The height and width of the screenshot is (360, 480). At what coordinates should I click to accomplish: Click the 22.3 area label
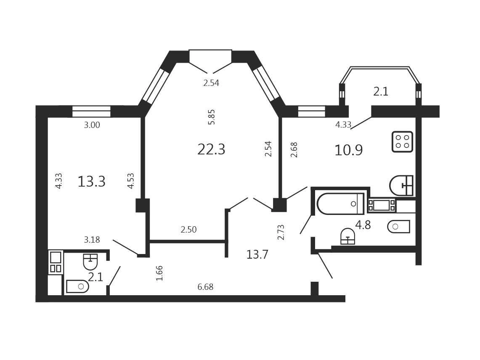(211, 150)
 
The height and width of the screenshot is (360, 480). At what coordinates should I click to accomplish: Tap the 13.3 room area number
(92, 182)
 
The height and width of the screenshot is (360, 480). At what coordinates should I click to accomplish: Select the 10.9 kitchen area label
(349, 150)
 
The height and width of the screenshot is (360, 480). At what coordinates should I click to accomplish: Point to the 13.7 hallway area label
(257, 254)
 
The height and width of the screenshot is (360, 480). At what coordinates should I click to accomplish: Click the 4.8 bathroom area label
(363, 225)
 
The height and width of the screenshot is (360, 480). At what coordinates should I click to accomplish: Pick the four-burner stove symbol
(403, 142)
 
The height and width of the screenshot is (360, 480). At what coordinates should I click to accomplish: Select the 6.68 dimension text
(205, 287)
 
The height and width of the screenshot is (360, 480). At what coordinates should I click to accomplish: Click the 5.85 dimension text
(211, 117)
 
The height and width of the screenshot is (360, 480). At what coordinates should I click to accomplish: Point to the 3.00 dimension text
(92, 125)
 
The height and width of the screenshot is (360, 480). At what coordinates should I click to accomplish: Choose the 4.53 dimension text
(131, 181)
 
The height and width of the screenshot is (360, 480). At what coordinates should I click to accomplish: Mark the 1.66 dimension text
(159, 273)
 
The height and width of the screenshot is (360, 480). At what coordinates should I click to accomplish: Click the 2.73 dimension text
(281, 232)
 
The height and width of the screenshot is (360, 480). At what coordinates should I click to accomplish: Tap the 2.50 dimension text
(188, 229)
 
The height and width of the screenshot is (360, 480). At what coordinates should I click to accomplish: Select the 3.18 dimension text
(92, 239)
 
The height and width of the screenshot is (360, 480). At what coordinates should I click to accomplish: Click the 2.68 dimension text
(294, 150)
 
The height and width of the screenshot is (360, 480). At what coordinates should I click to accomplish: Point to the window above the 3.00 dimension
(91, 111)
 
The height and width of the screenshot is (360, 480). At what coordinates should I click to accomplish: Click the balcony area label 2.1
(381, 92)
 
